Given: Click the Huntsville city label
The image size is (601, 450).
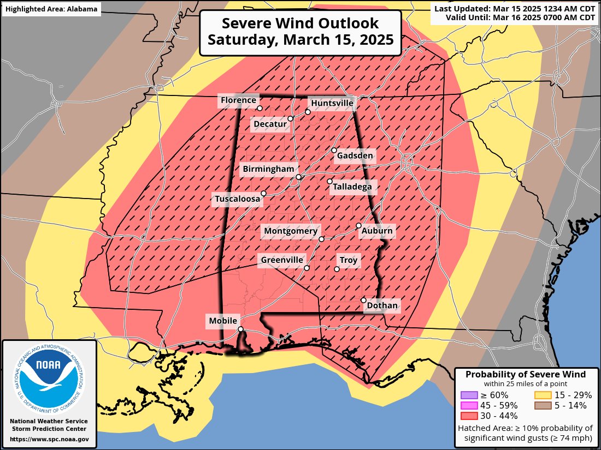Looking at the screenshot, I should click(x=332, y=103).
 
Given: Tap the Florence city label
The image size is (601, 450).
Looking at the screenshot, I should click(x=238, y=100).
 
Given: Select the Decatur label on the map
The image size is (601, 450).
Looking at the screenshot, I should click(x=270, y=124).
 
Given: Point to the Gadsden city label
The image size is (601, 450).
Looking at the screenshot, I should click(x=355, y=156).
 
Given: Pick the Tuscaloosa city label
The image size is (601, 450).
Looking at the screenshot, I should click(x=237, y=200).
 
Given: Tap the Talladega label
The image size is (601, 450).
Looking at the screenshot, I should click(x=352, y=187).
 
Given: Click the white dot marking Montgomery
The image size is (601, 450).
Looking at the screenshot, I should click(x=321, y=239).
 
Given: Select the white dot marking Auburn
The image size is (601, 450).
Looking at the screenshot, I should click(x=359, y=225).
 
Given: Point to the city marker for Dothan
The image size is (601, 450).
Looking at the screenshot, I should click(x=364, y=300).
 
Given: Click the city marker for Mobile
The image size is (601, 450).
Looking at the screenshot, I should click(x=240, y=329).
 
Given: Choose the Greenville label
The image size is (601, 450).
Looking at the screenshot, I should click(x=281, y=260).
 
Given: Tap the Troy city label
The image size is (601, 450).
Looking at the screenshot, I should click(x=349, y=260).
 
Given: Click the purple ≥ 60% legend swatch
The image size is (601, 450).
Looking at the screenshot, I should click(x=469, y=395).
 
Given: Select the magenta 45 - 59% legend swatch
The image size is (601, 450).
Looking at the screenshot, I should click(x=469, y=405).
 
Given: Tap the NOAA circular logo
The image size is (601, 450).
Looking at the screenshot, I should click(x=49, y=378).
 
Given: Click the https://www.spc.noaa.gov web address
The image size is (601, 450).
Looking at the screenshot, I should click(x=49, y=439).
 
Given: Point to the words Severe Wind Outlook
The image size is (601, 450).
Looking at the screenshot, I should click(x=300, y=23).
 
